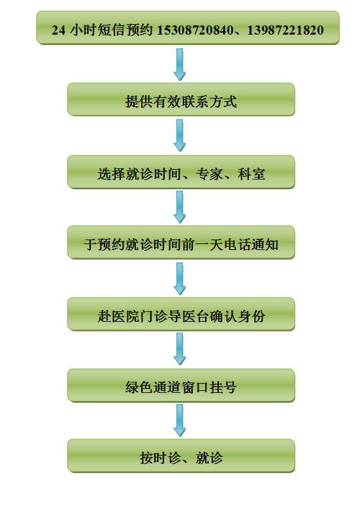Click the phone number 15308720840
click(195, 30)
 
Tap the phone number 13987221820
click(286, 30)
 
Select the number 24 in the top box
click(58, 30)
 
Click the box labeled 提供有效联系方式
click(181, 100)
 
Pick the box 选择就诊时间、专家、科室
click(181, 172)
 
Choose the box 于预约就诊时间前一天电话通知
click(181, 242)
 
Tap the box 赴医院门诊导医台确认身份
click(181, 314)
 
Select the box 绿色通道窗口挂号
click(181, 386)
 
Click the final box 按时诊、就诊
click(181, 456)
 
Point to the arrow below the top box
click(180, 65)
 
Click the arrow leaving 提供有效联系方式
click(180, 136)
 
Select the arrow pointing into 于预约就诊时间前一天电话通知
click(180, 207)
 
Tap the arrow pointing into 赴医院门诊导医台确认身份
click(180, 279)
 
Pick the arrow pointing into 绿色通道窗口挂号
click(180, 349)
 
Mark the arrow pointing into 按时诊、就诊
click(180, 420)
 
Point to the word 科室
click(252, 174)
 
